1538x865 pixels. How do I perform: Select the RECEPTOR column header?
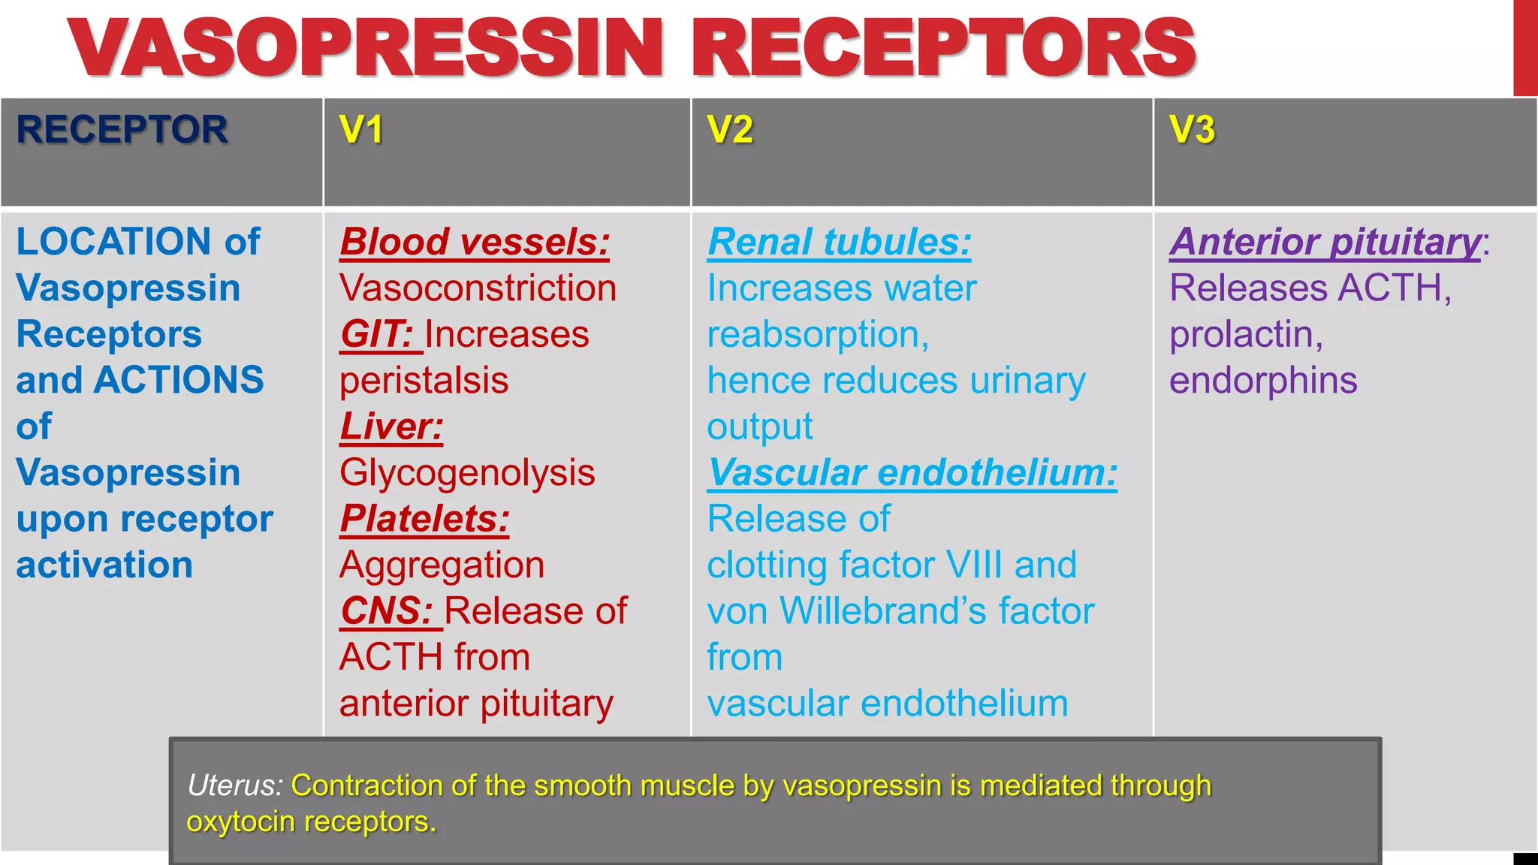122,129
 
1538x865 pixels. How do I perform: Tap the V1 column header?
361,129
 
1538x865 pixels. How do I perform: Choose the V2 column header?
730,129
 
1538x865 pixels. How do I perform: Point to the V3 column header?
1192,129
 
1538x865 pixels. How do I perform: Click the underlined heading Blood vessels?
475,242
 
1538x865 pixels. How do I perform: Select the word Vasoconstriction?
478,288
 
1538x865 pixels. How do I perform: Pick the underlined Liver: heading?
391,426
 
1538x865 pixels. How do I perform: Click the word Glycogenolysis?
467,473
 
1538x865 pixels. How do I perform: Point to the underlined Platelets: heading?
424,519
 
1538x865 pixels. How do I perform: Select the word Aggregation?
442,565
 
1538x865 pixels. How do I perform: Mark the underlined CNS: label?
387,611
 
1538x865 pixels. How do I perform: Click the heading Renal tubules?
839,242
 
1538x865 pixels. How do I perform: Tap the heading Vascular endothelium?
912,473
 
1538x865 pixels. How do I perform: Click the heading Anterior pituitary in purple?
1325,242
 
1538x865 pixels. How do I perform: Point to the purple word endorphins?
1263,381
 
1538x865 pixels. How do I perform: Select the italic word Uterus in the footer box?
234,785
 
